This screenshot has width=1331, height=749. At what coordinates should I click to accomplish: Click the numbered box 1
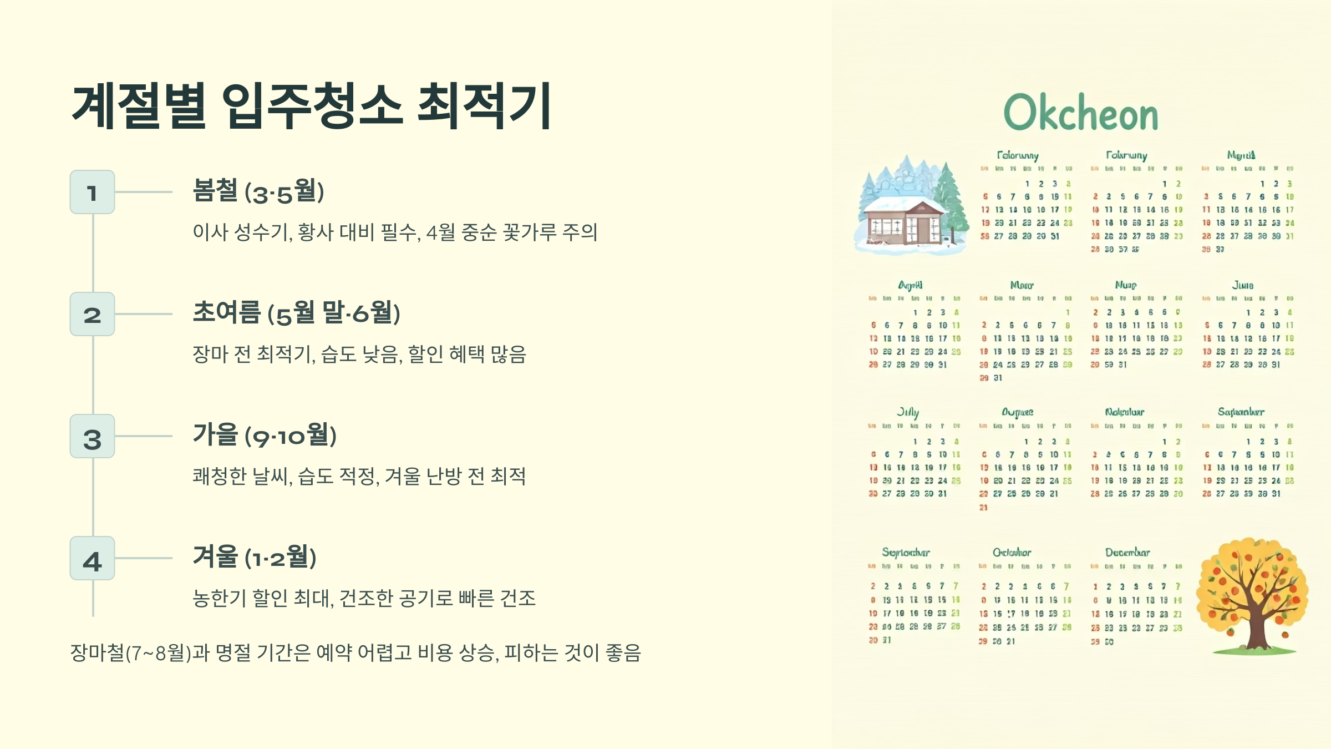click(x=92, y=192)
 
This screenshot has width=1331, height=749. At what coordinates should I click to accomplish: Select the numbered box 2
click(x=92, y=314)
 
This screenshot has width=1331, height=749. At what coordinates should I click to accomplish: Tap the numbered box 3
click(x=92, y=436)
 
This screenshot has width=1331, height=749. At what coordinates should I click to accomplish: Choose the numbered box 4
click(x=92, y=558)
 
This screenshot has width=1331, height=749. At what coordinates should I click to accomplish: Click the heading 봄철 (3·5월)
click(x=258, y=191)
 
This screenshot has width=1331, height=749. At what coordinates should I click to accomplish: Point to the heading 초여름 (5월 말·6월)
click(x=296, y=313)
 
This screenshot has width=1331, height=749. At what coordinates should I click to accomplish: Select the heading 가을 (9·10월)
click(x=265, y=435)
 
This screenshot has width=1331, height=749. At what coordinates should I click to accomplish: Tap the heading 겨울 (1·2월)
click(x=255, y=557)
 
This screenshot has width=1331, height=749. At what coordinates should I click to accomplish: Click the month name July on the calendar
click(x=908, y=412)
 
